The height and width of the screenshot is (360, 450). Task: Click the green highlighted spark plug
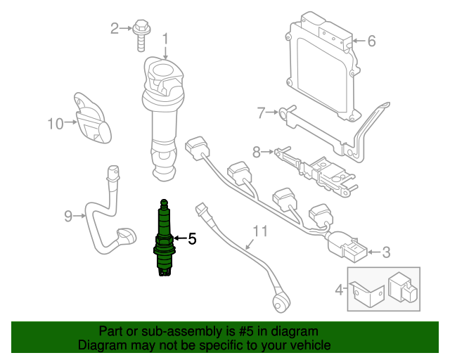coord(164,239)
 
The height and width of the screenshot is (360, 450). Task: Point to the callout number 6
coord(371,41)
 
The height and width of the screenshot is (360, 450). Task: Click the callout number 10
coord(56,124)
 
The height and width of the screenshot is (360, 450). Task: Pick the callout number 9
coord(69,216)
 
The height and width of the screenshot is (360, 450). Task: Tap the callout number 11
coord(260,231)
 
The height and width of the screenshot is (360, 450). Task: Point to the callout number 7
coord(261,112)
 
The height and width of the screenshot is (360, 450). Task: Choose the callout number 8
coord(257,150)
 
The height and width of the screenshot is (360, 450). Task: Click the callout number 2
coord(115,28)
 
